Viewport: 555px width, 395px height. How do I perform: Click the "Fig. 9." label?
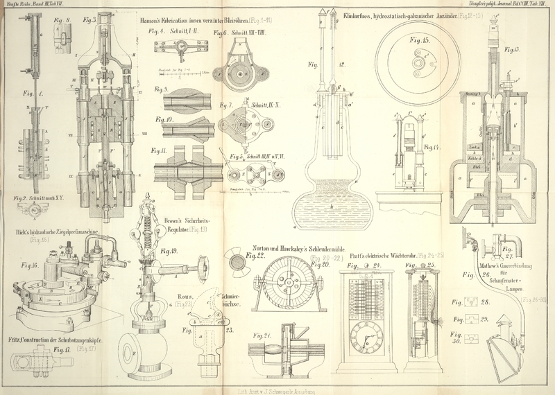tap(161, 89)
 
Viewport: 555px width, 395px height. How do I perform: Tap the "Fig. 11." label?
tap(161, 150)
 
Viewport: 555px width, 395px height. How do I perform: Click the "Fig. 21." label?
tap(263, 335)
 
